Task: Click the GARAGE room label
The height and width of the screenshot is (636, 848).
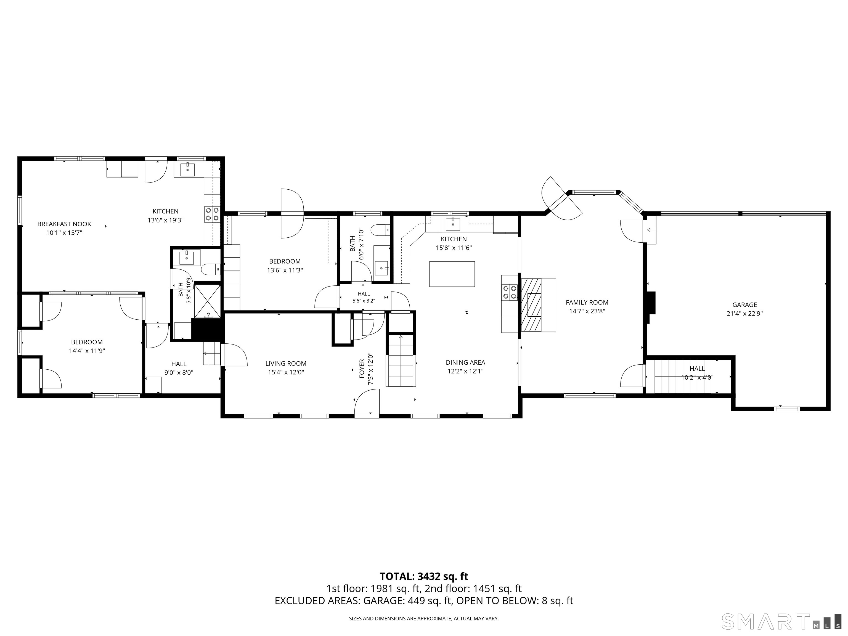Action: click(x=744, y=305)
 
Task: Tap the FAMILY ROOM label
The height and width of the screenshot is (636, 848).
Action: click(x=587, y=303)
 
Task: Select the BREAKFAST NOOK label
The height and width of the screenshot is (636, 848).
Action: click(x=64, y=224)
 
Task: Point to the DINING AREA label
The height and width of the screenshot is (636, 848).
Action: click(x=465, y=362)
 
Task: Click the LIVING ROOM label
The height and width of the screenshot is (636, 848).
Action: click(x=286, y=364)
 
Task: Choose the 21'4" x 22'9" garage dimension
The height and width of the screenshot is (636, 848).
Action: click(x=744, y=314)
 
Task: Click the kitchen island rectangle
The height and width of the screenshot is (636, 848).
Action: click(x=452, y=274)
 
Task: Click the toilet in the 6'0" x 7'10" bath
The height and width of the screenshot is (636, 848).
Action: click(x=380, y=230)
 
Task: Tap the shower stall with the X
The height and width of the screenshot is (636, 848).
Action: click(x=207, y=301)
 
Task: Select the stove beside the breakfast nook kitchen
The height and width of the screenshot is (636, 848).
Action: click(x=212, y=214)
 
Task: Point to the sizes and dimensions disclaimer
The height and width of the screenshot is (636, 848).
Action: click(x=424, y=618)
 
